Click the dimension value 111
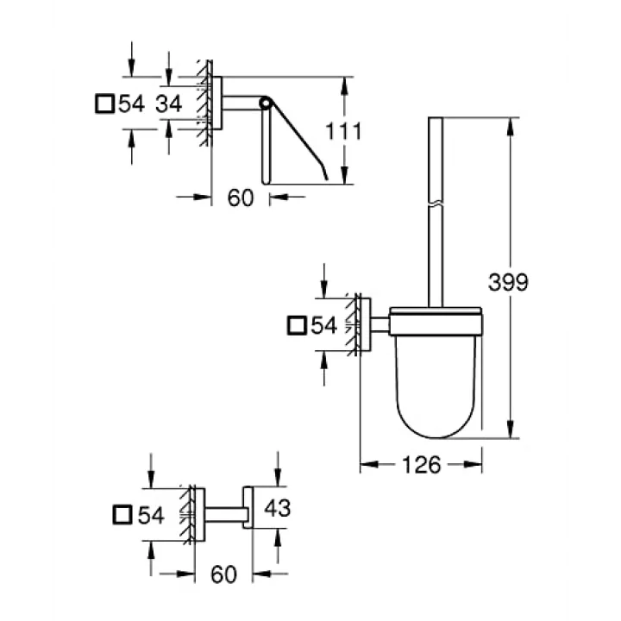tap(343, 131)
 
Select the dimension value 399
tap(508, 282)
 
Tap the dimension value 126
tap(422, 465)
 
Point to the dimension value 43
tap(277, 508)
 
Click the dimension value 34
tap(168, 103)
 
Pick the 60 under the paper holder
tap(241, 198)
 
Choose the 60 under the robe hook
tap(223, 574)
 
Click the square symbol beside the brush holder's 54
tap(297, 325)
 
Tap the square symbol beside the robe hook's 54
tap(122, 515)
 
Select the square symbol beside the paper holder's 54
tap(105, 103)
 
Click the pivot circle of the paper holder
tap(265, 103)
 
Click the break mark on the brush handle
tap(436, 204)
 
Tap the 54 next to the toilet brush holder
tap(324, 325)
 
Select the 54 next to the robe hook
tap(151, 515)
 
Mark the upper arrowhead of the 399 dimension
tap(511, 126)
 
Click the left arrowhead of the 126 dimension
tap(369, 464)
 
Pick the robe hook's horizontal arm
tap(223, 515)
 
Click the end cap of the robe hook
tap(248, 507)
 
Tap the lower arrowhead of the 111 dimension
tap(344, 175)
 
